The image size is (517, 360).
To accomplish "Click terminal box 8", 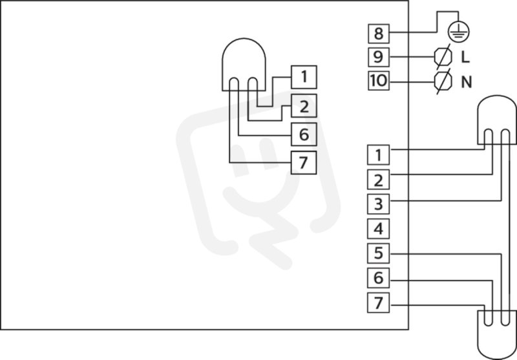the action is (x=379, y=34).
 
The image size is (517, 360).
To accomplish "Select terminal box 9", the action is (x=379, y=57).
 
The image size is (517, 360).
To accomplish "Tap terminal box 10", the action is (x=379, y=80).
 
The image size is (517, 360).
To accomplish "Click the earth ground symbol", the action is (x=458, y=32).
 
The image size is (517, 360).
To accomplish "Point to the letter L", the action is (x=465, y=58).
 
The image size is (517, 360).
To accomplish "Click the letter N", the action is (x=466, y=81).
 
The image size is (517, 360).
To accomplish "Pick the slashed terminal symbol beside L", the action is (x=443, y=57).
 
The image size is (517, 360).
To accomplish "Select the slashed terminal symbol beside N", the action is (x=443, y=81).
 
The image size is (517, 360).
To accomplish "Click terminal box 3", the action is (x=379, y=204).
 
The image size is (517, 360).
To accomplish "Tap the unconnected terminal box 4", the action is (x=379, y=228).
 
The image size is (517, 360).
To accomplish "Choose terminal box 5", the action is (x=379, y=253).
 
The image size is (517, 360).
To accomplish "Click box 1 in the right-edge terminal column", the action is (x=379, y=154).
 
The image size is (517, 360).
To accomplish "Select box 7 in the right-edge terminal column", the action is (x=379, y=302).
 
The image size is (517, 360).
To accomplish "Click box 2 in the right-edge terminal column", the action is (x=379, y=180).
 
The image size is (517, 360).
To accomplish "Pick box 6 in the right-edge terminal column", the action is (x=379, y=278).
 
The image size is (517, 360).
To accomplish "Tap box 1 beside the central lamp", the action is (x=304, y=77).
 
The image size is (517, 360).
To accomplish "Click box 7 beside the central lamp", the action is (x=304, y=162).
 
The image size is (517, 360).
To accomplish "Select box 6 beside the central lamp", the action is (x=304, y=134).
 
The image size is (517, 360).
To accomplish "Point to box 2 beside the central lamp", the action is (x=304, y=105).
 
